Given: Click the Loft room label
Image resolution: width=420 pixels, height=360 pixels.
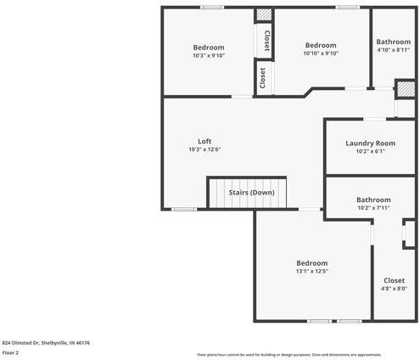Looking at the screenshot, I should [x=204, y=141].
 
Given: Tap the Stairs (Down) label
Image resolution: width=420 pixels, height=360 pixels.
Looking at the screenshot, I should [x=251, y=193].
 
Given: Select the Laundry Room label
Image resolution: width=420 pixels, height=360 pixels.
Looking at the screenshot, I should [x=370, y=143].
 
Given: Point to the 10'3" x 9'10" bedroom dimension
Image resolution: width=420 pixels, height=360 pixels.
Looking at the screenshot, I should [x=208, y=55].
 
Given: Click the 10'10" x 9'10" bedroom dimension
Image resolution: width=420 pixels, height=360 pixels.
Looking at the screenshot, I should [x=321, y=53].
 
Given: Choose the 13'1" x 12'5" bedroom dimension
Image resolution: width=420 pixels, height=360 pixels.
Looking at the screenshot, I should [x=311, y=272].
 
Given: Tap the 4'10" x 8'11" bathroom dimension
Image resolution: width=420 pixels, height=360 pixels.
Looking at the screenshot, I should [x=393, y=50].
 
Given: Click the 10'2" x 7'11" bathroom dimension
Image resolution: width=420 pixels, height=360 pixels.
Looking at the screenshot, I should [x=373, y=208].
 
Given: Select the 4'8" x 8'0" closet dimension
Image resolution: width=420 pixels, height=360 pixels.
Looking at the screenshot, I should [x=394, y=289].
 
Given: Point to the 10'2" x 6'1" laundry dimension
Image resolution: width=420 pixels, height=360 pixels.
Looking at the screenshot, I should [x=370, y=152].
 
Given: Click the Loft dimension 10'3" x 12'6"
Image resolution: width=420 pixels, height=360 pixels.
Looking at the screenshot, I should [x=204, y=149].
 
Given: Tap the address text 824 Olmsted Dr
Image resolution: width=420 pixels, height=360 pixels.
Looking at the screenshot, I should [x=46, y=343].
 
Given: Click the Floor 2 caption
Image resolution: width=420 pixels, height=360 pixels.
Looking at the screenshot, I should [x=11, y=352].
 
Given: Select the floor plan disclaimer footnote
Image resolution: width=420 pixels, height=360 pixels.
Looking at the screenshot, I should [x=288, y=354].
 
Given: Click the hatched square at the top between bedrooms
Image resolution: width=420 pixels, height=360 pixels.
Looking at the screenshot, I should [x=265, y=15].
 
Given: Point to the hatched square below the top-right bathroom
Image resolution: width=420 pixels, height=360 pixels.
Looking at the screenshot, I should [x=406, y=88].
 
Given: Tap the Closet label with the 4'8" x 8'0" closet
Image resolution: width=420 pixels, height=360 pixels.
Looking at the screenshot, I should [x=394, y=280].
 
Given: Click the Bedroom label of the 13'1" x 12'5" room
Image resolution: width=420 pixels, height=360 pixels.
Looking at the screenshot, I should [x=311, y=263].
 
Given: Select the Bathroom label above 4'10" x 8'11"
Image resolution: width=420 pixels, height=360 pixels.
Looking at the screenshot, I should [x=393, y=42].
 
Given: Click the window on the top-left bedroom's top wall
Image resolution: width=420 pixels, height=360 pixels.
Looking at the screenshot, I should [x=212, y=8].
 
